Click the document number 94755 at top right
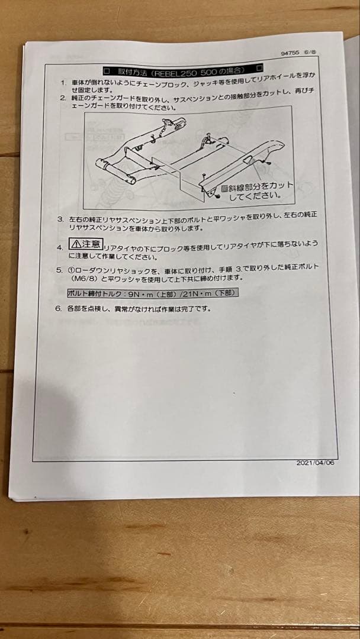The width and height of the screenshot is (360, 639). click(290, 53)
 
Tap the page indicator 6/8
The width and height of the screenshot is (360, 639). click(310, 52)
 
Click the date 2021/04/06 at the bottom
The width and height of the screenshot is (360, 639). click(315, 463)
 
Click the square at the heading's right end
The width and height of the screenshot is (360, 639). click(258, 68)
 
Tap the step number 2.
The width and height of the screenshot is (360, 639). click(62, 98)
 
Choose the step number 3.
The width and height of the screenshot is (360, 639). click(60, 219)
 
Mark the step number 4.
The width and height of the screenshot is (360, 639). click(59, 247)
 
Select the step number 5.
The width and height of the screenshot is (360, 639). click(59, 269)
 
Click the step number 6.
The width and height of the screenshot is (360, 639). click(58, 308)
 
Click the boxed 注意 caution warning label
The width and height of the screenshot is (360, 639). click(85, 244)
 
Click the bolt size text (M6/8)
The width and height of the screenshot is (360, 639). click(85, 278)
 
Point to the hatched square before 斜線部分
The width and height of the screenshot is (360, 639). click(224, 188)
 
